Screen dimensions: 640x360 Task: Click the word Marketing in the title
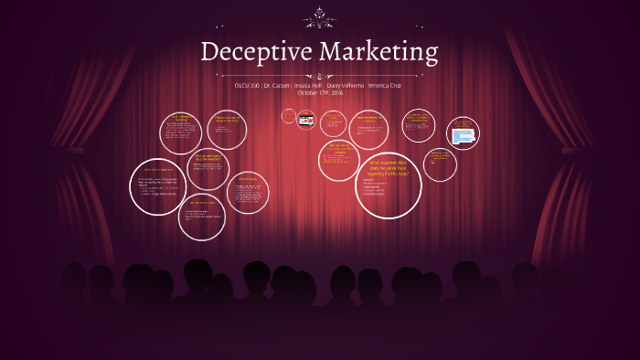[x=378, y=51]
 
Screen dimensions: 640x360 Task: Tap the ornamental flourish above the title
[x=320, y=16]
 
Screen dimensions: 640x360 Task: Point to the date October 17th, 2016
[x=319, y=92]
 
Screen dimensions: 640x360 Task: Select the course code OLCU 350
[x=247, y=85]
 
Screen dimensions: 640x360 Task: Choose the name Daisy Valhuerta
[x=346, y=85]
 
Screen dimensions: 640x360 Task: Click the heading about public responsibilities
[x=387, y=167]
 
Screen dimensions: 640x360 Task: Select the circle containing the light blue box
[x=463, y=134]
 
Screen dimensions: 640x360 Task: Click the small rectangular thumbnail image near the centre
[x=306, y=119]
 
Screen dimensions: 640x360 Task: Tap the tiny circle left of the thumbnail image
[x=288, y=117]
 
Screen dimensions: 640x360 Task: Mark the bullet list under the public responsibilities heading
[x=375, y=187]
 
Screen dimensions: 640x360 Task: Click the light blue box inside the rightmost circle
[x=463, y=136]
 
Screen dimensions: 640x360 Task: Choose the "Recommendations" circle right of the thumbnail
[x=368, y=129]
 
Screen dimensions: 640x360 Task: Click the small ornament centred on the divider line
[x=320, y=75]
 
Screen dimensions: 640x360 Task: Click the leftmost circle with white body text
[x=157, y=185]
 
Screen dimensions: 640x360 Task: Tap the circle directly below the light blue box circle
[x=441, y=164]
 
